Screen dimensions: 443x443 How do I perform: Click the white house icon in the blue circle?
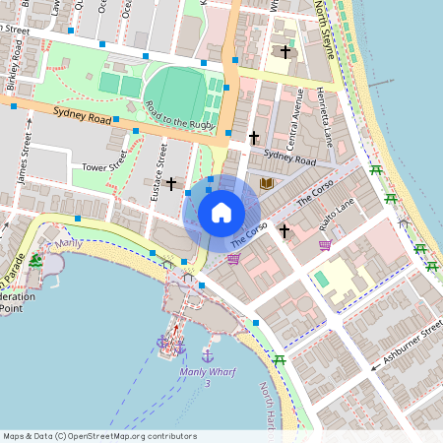(x=221, y=213)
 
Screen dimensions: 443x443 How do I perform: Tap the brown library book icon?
(x=265, y=183)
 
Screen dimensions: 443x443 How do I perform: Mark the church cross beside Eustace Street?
(x=171, y=184)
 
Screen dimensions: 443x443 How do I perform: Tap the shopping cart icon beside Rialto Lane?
(x=324, y=245)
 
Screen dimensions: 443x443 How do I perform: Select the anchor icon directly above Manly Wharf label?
(x=208, y=353)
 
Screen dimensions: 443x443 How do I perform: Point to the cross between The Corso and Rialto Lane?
(x=285, y=230)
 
